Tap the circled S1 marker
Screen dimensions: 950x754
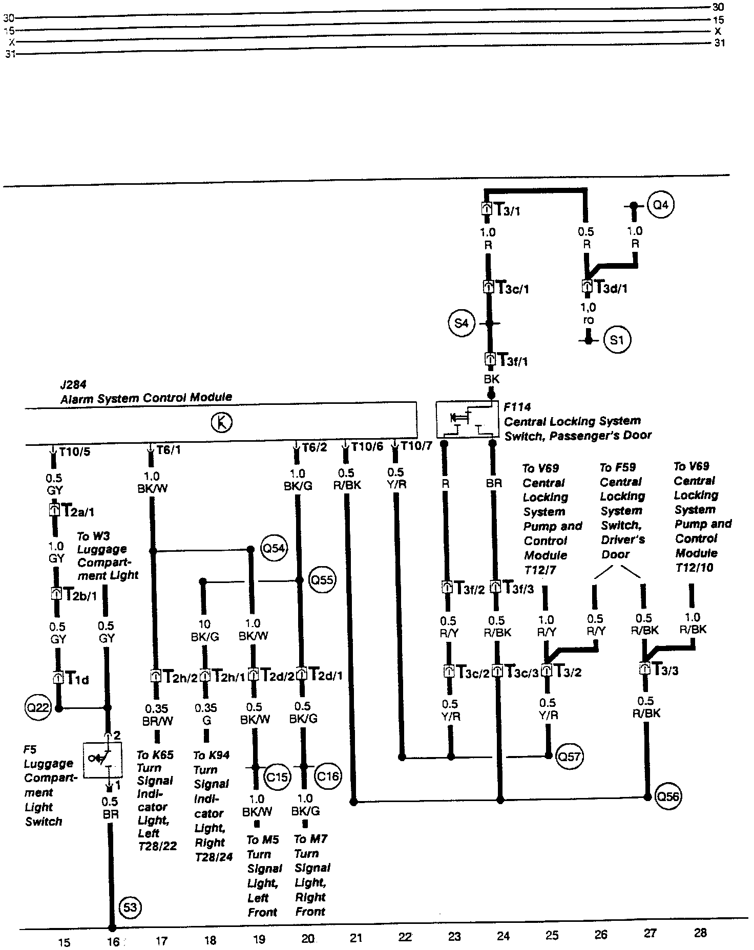tap(617, 339)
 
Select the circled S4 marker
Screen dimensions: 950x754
tap(462, 323)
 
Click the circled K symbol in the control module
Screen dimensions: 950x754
tap(221, 423)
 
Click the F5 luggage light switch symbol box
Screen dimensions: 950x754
tap(102, 760)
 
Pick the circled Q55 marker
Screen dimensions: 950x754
tap(323, 580)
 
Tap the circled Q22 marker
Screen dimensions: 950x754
tap(37, 708)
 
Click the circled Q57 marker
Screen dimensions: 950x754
tap(569, 756)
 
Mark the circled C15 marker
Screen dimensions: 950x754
tap(277, 776)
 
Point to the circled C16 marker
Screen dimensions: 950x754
tap(327, 776)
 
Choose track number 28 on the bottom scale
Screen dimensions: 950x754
tap(700, 933)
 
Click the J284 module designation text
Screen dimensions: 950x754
tap(73, 383)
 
